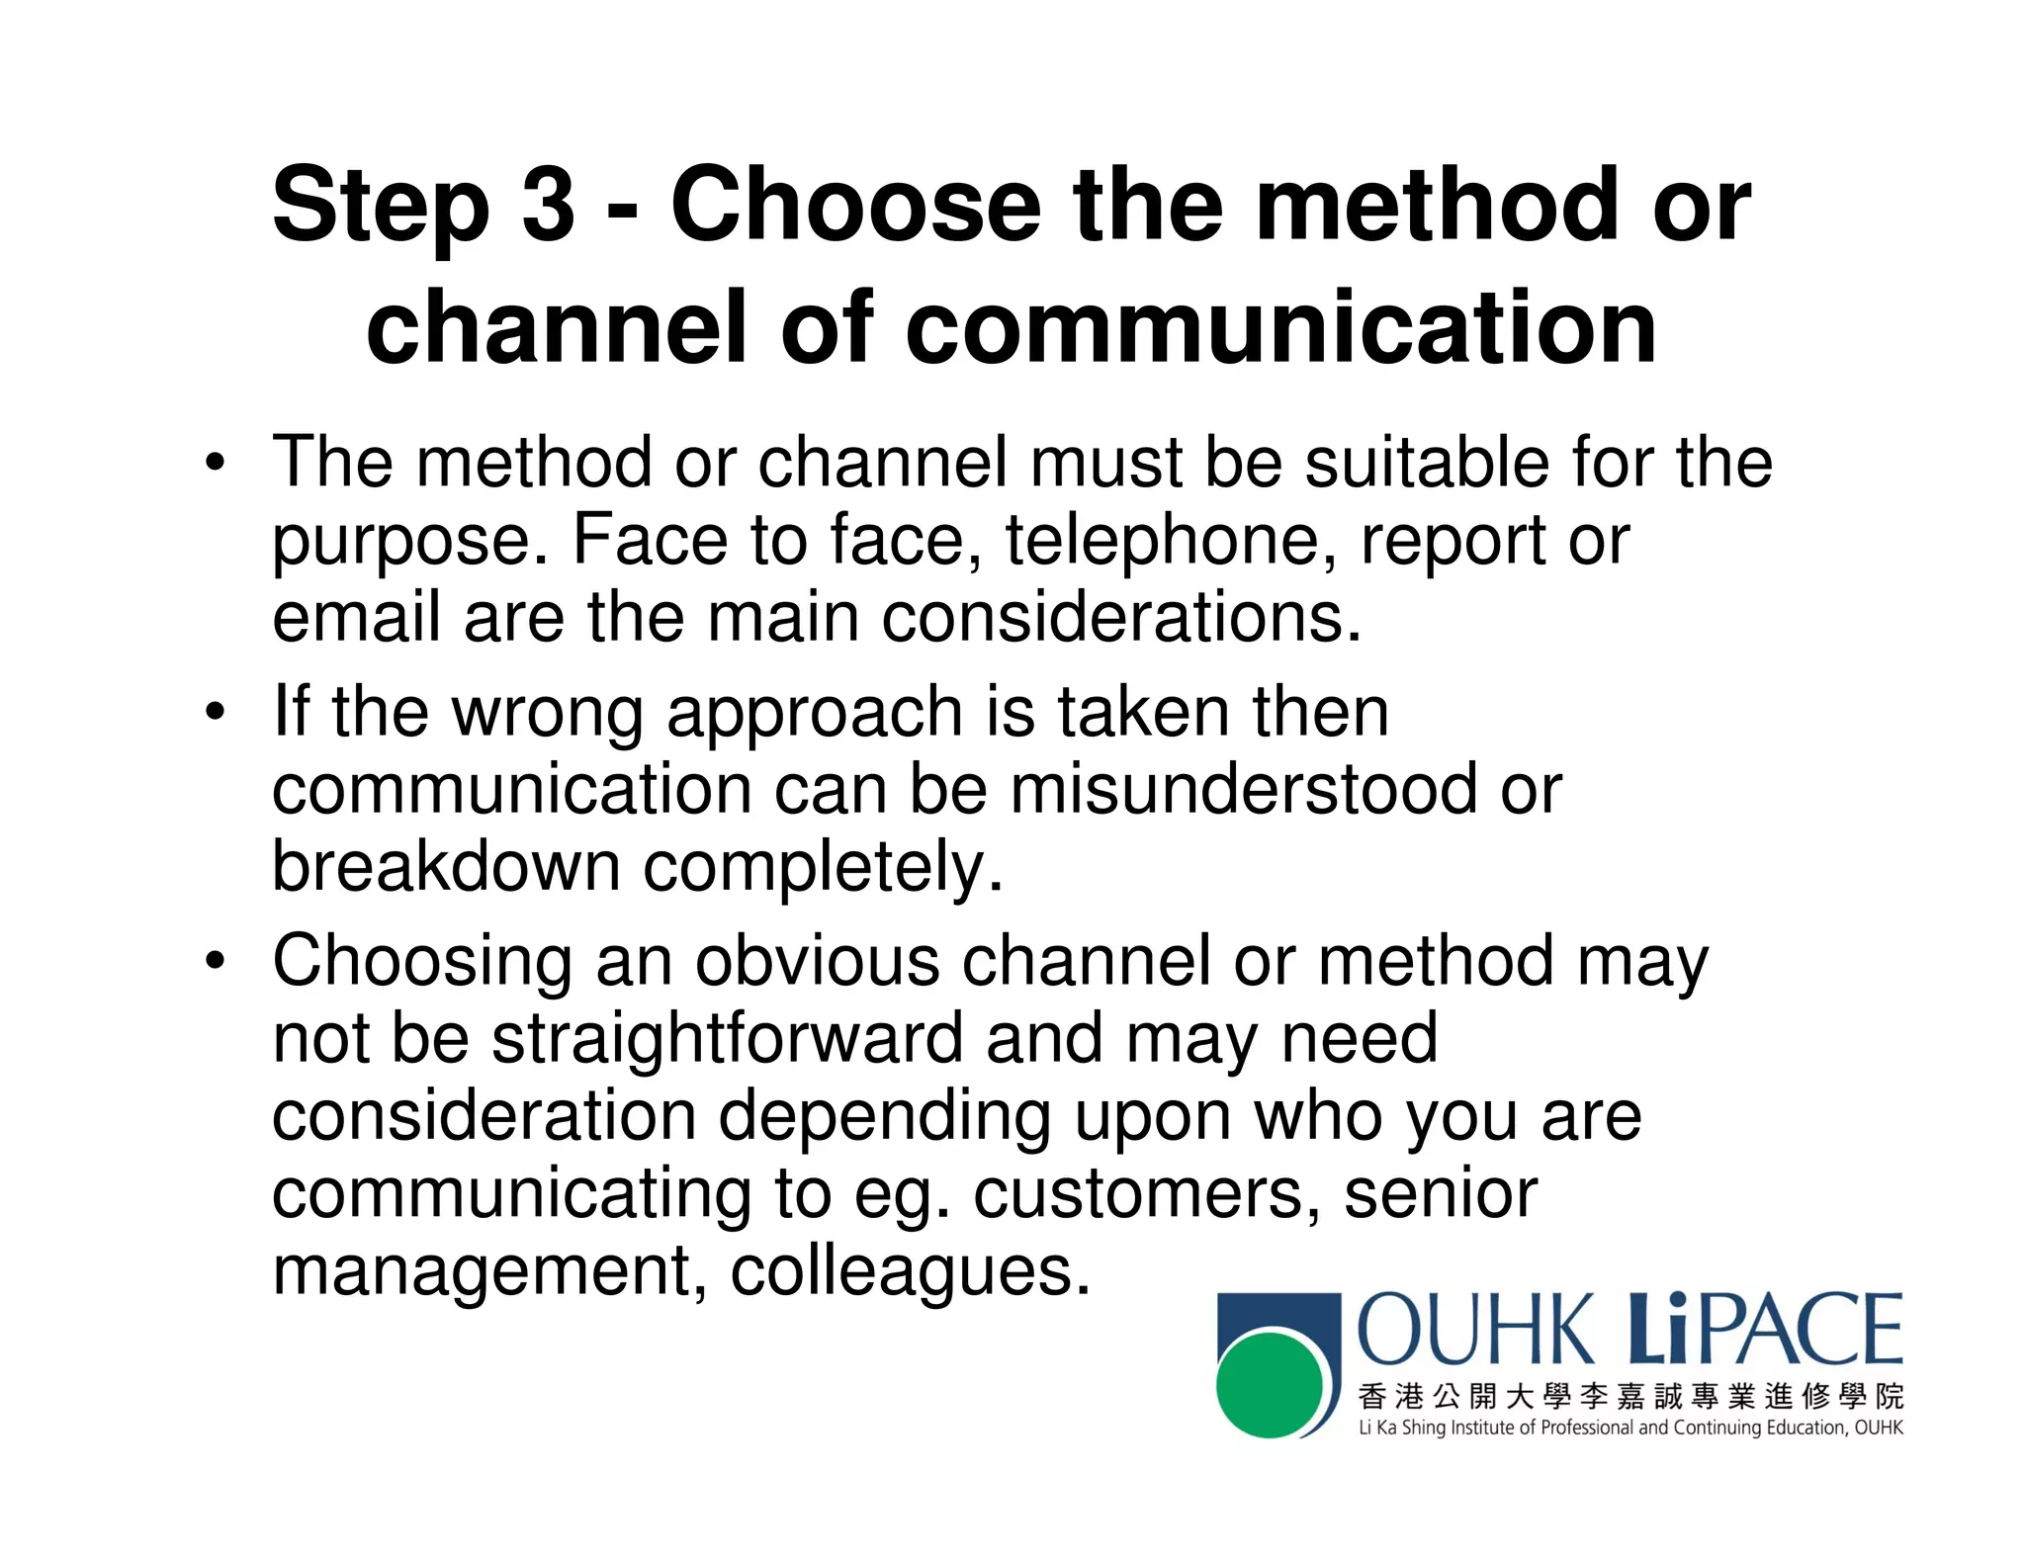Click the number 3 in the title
tap(547, 205)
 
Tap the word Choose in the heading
tap(855, 205)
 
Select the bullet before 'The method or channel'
tap(216, 463)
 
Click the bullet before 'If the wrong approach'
tap(216, 712)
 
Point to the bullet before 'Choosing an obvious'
tap(216, 961)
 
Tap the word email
tap(356, 617)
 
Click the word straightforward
tap(727, 1038)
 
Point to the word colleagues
tap(910, 1270)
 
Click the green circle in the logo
tap(1270, 1384)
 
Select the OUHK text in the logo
tap(1475, 1331)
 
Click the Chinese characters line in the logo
tap(1629, 1396)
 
